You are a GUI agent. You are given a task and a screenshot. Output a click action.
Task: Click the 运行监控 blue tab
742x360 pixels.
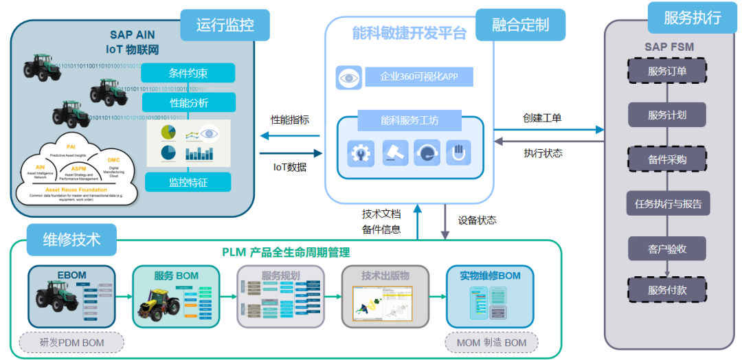pyautogui.click(x=225, y=25)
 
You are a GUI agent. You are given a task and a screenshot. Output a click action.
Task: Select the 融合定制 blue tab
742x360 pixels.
pyautogui.click(x=520, y=25)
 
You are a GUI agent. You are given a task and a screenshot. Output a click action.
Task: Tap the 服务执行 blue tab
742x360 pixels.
pyautogui.click(x=691, y=18)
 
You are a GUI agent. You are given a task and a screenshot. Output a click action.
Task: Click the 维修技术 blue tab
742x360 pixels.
pyautogui.click(x=71, y=240)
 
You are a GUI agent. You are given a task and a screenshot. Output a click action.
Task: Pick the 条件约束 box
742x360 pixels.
pyautogui.click(x=188, y=74)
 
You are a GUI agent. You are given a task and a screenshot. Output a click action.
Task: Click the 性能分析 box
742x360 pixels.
pyautogui.click(x=188, y=103)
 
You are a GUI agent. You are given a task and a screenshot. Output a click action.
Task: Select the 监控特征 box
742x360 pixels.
pyautogui.click(x=188, y=183)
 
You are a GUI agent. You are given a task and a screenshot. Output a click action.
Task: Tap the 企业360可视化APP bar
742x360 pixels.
pyautogui.click(x=418, y=76)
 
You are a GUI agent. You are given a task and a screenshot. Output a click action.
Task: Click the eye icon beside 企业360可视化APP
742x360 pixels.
pyautogui.click(x=349, y=78)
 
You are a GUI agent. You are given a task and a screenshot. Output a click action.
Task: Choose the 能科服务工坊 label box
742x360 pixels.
pyautogui.click(x=409, y=121)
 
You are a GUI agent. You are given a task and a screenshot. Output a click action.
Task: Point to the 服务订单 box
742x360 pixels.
pyautogui.click(x=667, y=71)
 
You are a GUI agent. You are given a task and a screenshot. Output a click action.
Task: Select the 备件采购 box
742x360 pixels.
pyautogui.click(x=667, y=159)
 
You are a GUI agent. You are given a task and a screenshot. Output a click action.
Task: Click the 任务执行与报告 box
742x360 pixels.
pyautogui.click(x=667, y=203)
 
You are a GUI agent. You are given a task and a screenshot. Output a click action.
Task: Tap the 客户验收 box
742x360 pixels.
pyautogui.click(x=667, y=248)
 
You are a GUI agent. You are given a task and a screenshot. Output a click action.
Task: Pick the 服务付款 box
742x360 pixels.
pyautogui.click(x=667, y=290)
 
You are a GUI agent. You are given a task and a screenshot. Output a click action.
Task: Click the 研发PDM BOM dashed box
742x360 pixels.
pyautogui.click(x=71, y=342)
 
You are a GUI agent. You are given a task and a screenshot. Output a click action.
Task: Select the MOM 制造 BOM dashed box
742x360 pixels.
pyautogui.click(x=491, y=342)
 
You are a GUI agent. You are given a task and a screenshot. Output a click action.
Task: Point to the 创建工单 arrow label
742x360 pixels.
pyautogui.click(x=542, y=118)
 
